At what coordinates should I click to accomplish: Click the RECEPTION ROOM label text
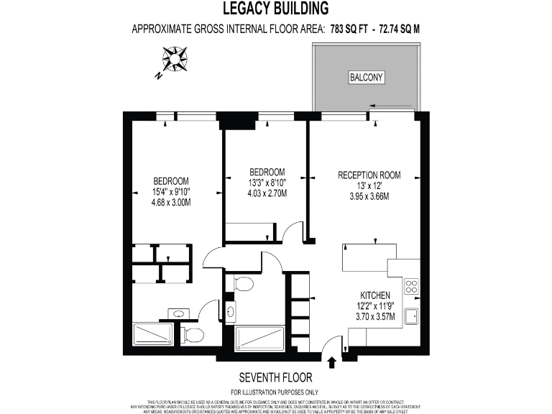coord(369,175)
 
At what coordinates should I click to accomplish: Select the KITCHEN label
coord(375,295)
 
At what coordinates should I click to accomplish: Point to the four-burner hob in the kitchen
coord(412,287)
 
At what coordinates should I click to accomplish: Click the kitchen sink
coord(412,317)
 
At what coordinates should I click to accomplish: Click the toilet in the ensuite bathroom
coord(192,335)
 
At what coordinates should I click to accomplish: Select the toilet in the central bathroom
coord(242,285)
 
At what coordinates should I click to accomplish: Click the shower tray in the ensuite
coord(154,336)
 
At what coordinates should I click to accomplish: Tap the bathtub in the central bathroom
coord(259,337)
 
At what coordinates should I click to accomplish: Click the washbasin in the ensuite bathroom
coord(178,313)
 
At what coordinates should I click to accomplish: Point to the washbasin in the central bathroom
coord(231,311)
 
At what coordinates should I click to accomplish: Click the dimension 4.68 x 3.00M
coord(170,203)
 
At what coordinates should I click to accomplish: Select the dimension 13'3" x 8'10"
coord(267,183)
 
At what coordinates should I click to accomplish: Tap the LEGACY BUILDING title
coord(275,9)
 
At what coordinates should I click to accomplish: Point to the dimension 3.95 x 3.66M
coord(369,196)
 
